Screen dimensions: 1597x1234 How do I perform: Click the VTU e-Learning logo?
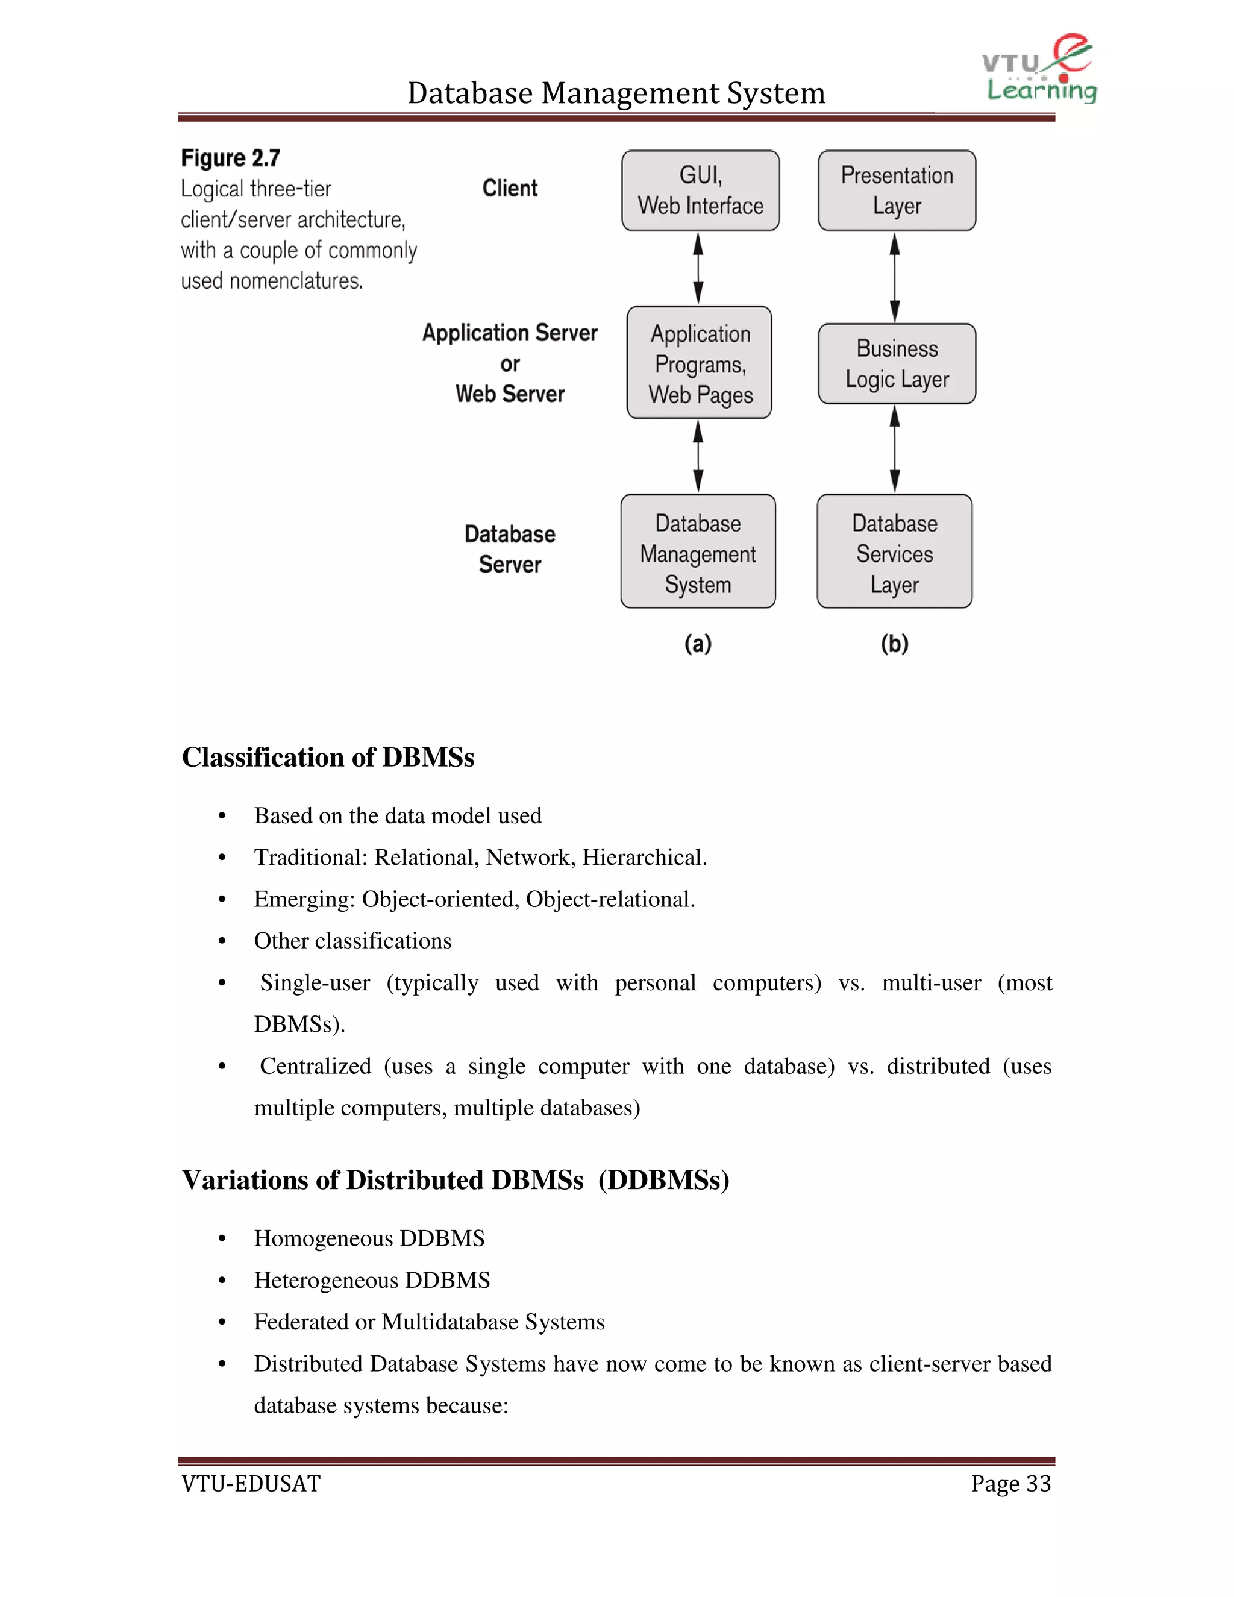point(1038,69)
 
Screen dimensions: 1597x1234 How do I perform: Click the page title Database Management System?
point(616,93)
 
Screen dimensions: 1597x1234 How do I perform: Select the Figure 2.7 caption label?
point(230,158)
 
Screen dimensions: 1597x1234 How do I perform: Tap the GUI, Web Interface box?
point(700,191)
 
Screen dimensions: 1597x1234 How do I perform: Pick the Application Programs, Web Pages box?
point(699,363)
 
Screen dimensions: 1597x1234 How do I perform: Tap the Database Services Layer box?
point(894,552)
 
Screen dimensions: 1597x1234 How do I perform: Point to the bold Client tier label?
point(510,189)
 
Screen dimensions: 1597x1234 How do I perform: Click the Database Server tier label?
point(510,549)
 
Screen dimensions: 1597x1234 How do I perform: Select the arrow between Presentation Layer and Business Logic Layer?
point(894,277)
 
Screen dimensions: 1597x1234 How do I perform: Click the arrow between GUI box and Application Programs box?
point(698,268)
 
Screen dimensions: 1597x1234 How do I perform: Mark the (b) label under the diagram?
point(894,644)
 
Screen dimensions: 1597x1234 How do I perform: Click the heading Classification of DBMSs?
point(328,758)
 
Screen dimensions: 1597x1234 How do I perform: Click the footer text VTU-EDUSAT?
point(251,1484)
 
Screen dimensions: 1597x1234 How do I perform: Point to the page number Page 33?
point(1010,1484)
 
